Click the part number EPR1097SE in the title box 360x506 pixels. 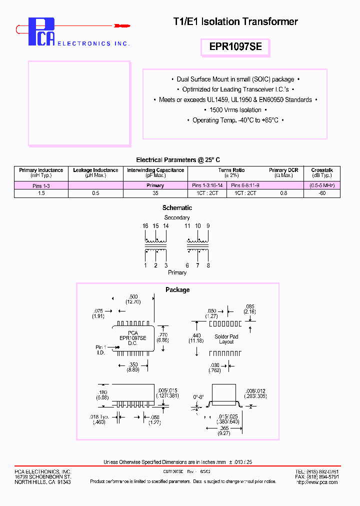235,47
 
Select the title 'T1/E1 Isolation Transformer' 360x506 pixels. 235,21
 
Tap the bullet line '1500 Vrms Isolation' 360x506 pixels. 235,110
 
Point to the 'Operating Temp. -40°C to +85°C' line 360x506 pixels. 235,120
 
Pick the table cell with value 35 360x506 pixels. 155,193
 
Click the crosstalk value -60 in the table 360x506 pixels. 322,193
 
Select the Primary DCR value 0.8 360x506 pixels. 283,193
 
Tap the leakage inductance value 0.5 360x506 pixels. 95,193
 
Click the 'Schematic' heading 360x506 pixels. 177,207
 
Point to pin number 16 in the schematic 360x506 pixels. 145,226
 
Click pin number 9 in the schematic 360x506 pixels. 208,226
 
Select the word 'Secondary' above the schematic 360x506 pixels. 177,217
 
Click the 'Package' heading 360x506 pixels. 177,290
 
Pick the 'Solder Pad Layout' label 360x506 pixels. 226,339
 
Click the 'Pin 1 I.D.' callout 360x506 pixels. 101,349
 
